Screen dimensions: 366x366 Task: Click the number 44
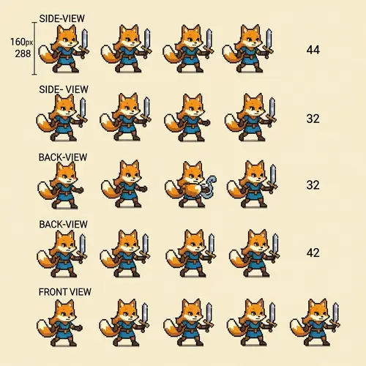click(x=313, y=50)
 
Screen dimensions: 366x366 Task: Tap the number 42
click(x=313, y=253)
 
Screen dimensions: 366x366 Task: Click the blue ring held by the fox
click(x=209, y=187)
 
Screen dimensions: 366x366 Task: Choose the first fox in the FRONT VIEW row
click(x=62, y=322)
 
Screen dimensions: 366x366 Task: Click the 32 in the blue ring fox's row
click(x=313, y=185)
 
